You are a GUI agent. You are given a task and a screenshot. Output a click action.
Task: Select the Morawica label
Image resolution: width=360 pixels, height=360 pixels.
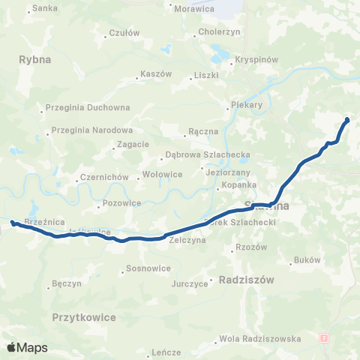click(x=193, y=9)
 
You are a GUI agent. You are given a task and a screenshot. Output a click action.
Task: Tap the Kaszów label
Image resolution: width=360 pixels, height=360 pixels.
click(x=156, y=74)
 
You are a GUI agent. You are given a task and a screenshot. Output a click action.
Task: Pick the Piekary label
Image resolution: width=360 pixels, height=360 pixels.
click(x=247, y=105)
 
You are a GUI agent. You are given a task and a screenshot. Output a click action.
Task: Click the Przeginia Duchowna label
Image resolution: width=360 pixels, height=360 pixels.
click(x=88, y=107)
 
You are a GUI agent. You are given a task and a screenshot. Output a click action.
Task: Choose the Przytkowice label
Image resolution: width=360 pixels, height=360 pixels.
click(x=85, y=317)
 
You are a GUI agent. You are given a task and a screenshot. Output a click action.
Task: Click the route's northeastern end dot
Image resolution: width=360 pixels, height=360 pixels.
click(x=347, y=120)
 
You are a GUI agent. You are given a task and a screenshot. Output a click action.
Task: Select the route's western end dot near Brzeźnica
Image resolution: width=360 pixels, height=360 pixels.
click(x=13, y=222)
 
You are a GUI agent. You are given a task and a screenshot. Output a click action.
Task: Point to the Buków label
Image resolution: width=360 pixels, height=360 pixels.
click(x=308, y=260)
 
